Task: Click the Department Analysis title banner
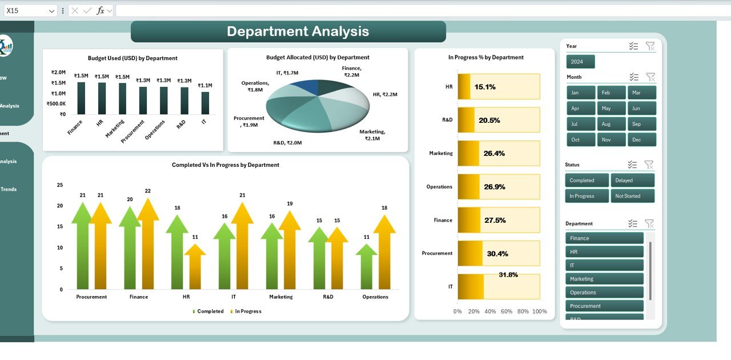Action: click(x=288, y=31)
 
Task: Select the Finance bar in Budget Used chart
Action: click(x=82, y=98)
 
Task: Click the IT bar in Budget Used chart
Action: click(x=205, y=103)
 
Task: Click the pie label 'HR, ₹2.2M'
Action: click(x=384, y=94)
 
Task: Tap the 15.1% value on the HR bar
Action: click(x=485, y=87)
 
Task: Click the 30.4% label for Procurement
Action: click(x=497, y=254)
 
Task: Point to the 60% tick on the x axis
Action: click(x=507, y=311)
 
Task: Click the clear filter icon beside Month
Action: click(x=650, y=77)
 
